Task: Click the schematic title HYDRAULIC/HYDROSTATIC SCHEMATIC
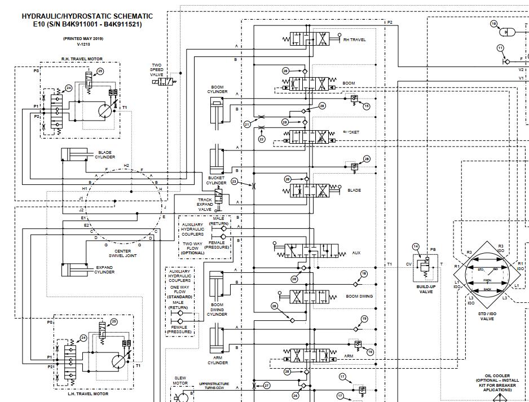(x=87, y=16)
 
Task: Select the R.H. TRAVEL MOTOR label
(x=82, y=59)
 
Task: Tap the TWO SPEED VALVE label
(x=156, y=70)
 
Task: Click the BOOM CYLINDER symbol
(x=217, y=110)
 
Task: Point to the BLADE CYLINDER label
(x=105, y=154)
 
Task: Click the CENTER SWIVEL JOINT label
(x=122, y=253)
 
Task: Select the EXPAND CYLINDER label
(x=104, y=270)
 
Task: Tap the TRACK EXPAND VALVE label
(x=205, y=204)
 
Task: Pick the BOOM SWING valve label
(x=359, y=296)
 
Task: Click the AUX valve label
(x=355, y=253)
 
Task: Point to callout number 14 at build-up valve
(x=416, y=246)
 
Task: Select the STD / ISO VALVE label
(x=487, y=315)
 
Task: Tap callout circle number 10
(x=493, y=24)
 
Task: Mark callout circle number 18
(x=364, y=273)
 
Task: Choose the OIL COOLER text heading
(x=497, y=376)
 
